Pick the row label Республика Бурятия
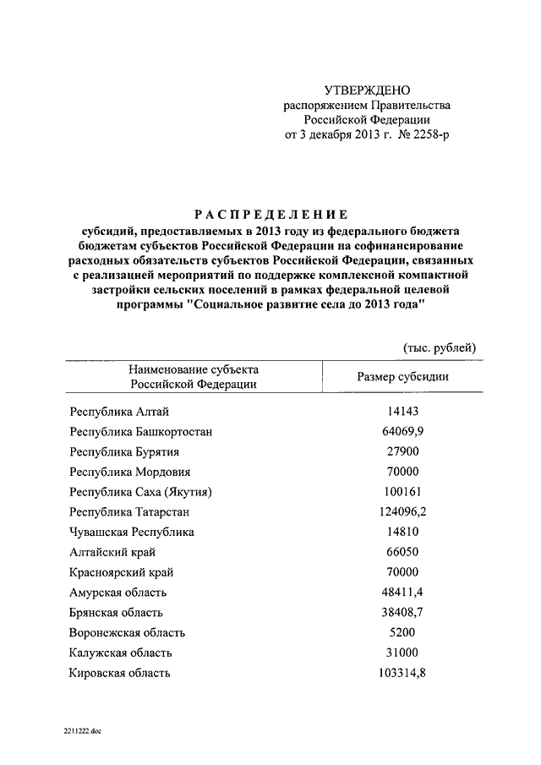click(124, 452)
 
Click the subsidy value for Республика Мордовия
click(403, 473)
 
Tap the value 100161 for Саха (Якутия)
click(403, 492)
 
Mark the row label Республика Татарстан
click(129, 512)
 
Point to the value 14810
click(403, 533)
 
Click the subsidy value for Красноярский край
click(403, 572)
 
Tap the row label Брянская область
click(117, 613)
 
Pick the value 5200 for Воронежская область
click(403, 632)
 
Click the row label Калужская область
click(121, 653)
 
